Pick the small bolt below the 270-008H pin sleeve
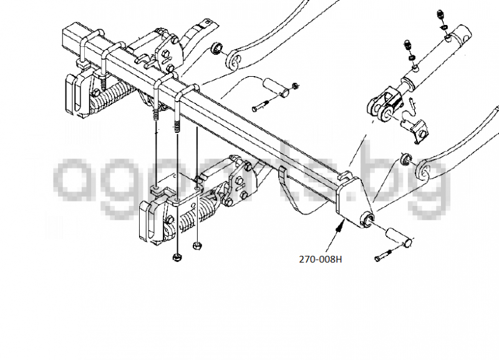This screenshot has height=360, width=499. coord(382,256)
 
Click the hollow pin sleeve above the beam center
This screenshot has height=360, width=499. coord(278,89)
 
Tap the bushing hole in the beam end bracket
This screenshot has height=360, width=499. coord(369,219)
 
